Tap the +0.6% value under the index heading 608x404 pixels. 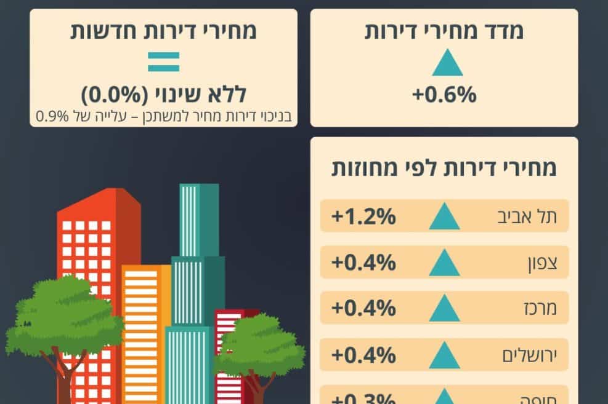(x=444, y=95)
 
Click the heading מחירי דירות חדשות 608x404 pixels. (x=163, y=31)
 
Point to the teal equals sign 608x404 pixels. (x=163, y=61)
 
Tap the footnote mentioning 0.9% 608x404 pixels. (x=163, y=116)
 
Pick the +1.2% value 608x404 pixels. (x=363, y=217)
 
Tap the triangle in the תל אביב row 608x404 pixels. (x=444, y=218)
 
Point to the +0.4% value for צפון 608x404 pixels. (x=363, y=263)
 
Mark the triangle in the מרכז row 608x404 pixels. (x=444, y=309)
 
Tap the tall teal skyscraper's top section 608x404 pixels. (x=199, y=218)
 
